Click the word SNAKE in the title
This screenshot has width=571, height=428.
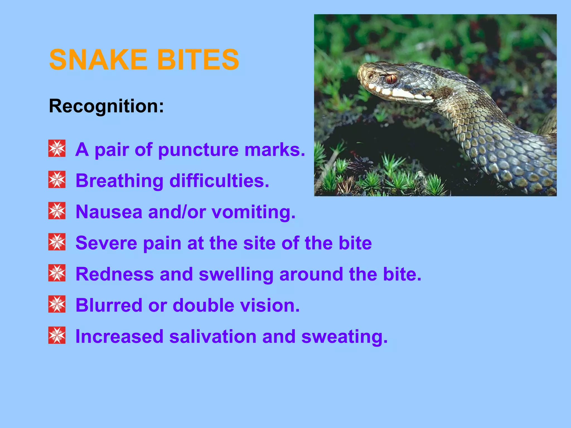click(98, 60)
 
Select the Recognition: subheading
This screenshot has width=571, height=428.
click(106, 106)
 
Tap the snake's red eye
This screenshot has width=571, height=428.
click(391, 79)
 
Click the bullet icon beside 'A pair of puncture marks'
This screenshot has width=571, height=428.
click(57, 149)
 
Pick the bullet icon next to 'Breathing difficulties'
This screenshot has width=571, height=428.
click(57, 180)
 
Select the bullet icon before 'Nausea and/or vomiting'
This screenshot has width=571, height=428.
click(57, 211)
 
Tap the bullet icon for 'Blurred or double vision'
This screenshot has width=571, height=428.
click(57, 304)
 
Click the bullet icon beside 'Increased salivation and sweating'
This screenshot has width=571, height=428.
click(57, 335)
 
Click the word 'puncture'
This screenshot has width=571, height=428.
click(198, 150)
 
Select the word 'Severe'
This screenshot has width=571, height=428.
click(106, 243)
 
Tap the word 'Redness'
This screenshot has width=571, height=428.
click(115, 274)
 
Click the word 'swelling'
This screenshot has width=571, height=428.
click(236, 275)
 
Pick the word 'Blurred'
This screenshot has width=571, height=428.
click(109, 305)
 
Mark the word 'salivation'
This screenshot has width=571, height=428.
click(213, 337)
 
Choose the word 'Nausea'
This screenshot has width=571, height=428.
click(109, 212)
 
